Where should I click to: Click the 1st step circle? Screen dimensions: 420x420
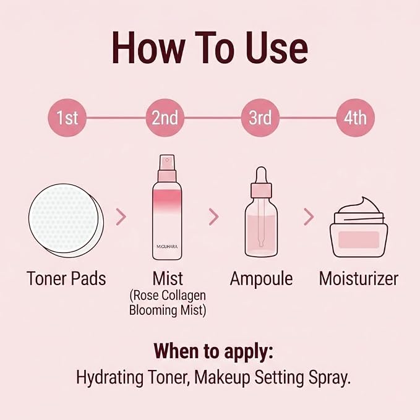[67, 118]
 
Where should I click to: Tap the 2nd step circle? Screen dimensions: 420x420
[165, 118]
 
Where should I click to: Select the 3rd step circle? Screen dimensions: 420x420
[260, 118]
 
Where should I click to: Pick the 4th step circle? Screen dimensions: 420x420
[355, 118]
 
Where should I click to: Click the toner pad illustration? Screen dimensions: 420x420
[66, 220]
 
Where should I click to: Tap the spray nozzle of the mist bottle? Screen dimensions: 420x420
[167, 163]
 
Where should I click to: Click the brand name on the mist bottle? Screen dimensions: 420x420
[167, 246]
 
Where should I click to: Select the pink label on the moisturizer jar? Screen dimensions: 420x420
[359, 240]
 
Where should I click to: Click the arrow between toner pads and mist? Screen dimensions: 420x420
[121, 216]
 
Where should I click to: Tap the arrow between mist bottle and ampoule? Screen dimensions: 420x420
[214, 216]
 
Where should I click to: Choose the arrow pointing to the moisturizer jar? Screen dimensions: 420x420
[309, 216]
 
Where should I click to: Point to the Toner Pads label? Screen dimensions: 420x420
[66, 278]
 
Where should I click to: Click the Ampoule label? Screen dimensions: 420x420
[261, 278]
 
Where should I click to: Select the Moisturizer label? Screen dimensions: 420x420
[359, 278]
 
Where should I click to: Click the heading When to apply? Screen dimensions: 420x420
[213, 351]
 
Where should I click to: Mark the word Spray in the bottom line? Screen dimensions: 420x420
[330, 377]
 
